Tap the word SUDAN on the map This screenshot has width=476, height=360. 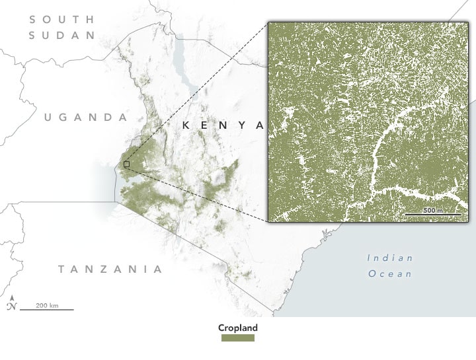pos(63,35)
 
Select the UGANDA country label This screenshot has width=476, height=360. pos(85,117)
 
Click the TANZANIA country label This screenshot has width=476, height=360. pos(110,269)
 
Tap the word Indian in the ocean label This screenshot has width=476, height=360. pos(390,258)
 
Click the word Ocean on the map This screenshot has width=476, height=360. pos(390,273)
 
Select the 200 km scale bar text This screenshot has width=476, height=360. pos(47,305)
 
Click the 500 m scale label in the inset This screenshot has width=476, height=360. pos(433,210)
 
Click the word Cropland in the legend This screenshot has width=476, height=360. pos(238,328)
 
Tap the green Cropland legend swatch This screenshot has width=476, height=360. pos(238,338)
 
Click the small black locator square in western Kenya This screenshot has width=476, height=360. pos(126,164)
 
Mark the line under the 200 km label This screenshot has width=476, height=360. pos(47,309)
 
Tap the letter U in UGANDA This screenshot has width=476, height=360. pos(48,117)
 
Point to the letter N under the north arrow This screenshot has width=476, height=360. pos(11,306)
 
